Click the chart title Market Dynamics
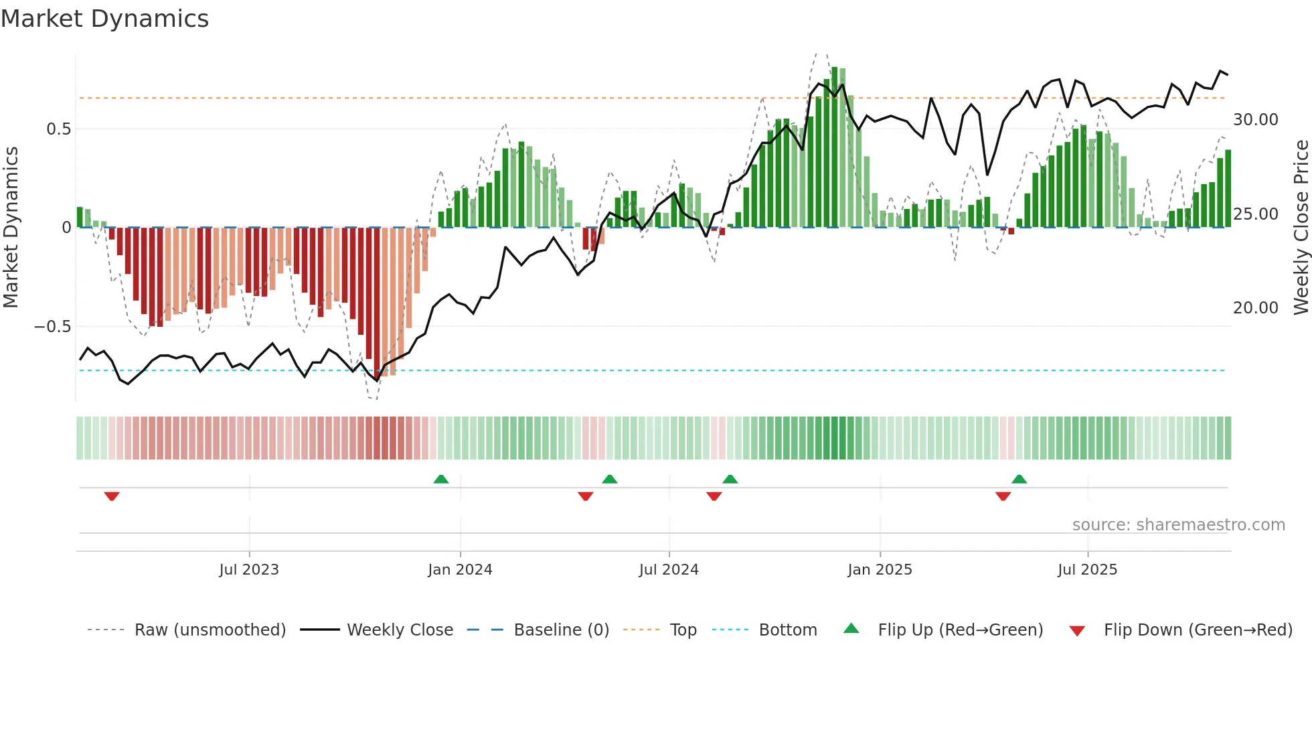coord(104,19)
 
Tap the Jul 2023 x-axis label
coord(249,570)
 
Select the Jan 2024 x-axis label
coord(460,570)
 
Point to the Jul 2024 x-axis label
coord(669,570)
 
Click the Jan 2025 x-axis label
coord(880,570)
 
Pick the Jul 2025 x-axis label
coord(1088,570)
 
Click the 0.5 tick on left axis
coord(58,129)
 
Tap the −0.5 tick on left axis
coord(52,327)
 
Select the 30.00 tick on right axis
coord(1256,120)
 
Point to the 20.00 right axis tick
coord(1256,308)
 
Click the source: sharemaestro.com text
coord(1178,525)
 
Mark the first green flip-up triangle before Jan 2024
coord(441,479)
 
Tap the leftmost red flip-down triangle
coord(112,496)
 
